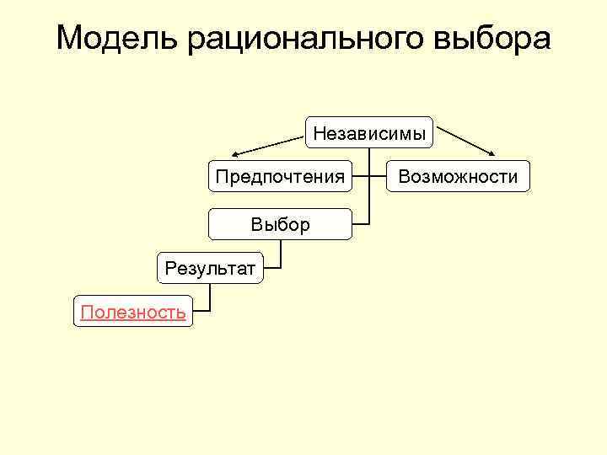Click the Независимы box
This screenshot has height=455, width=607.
[369, 132]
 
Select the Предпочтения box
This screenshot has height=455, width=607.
[280, 177]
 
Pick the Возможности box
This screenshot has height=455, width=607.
[458, 177]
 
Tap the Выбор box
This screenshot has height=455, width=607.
[280, 224]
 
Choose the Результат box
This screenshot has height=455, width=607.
[210, 269]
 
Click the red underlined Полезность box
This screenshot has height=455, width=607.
[133, 313]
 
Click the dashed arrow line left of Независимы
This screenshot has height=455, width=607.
[270, 141]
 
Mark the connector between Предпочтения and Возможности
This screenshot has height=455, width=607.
[368, 177]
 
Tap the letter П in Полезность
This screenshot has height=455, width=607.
[85, 313]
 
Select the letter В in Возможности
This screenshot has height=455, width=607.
[404, 177]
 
